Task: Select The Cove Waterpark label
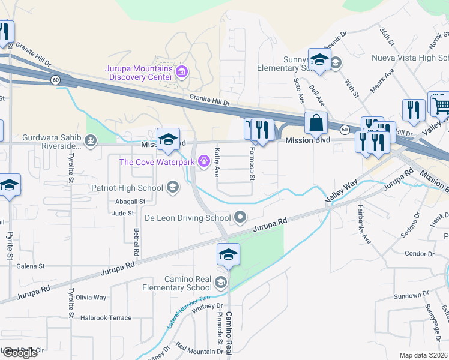[x=157, y=162]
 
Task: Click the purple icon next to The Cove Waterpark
[x=203, y=161]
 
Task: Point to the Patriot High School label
[x=127, y=188]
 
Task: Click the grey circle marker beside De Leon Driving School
[x=241, y=217]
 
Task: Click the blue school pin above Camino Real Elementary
[x=228, y=256]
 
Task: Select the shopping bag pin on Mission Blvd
[x=316, y=124]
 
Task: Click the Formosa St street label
[x=252, y=164]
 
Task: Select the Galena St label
[x=31, y=266]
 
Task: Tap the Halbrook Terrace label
[x=106, y=318]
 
